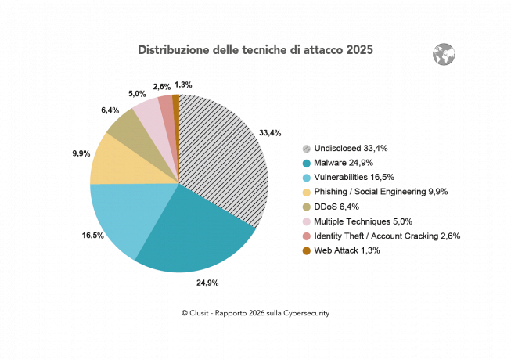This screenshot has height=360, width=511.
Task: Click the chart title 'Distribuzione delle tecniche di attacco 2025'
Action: point(255,50)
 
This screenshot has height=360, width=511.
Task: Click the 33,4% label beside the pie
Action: point(269,133)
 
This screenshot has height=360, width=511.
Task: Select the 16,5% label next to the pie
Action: point(72,234)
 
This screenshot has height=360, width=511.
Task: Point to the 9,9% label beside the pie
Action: point(80,154)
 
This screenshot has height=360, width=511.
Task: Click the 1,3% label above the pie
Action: point(183,85)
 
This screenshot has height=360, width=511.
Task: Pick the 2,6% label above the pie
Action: point(162,87)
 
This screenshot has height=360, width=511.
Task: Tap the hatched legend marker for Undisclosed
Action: point(307,148)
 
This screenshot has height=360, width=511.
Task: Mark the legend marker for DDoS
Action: point(307,206)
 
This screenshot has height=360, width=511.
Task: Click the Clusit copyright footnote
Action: point(255,313)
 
